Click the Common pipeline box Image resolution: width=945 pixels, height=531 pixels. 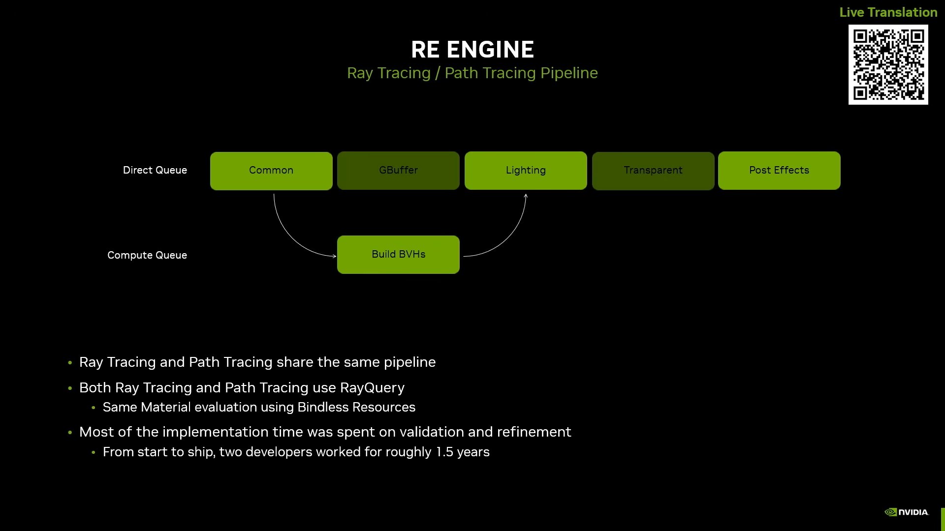[x=271, y=171]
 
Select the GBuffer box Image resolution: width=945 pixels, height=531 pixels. [x=398, y=171]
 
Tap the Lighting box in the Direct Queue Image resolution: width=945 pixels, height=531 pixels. [x=526, y=171]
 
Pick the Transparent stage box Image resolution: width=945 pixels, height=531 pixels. [x=653, y=171]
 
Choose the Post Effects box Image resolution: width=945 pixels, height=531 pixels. [x=779, y=171]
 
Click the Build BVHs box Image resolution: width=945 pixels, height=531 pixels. [x=398, y=255]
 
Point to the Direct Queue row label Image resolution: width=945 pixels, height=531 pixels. [x=155, y=170]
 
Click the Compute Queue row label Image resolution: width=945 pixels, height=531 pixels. [x=147, y=255]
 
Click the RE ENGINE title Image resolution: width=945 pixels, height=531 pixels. [x=472, y=50]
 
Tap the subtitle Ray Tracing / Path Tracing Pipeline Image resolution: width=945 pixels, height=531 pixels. [x=472, y=73]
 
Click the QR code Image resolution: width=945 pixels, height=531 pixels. [x=888, y=65]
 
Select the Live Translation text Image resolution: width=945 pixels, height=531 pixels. [x=888, y=12]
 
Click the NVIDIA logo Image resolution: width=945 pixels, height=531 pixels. [x=907, y=512]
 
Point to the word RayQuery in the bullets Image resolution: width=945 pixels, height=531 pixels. [x=372, y=388]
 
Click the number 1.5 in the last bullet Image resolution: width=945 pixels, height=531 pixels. [x=444, y=452]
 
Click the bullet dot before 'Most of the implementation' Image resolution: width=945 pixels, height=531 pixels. [x=70, y=433]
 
